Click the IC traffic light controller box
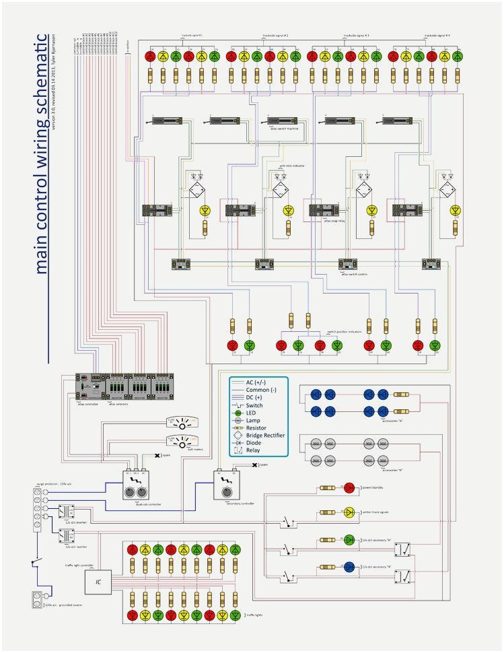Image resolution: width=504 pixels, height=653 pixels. tap(98, 580)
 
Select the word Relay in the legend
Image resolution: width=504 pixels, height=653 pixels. tap(256, 450)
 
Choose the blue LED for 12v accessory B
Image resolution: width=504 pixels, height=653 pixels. tap(349, 566)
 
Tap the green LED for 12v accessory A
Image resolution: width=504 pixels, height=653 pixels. tap(349, 540)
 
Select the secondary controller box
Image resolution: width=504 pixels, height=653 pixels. tap(225, 485)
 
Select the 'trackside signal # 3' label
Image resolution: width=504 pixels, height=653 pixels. tap(356, 34)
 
